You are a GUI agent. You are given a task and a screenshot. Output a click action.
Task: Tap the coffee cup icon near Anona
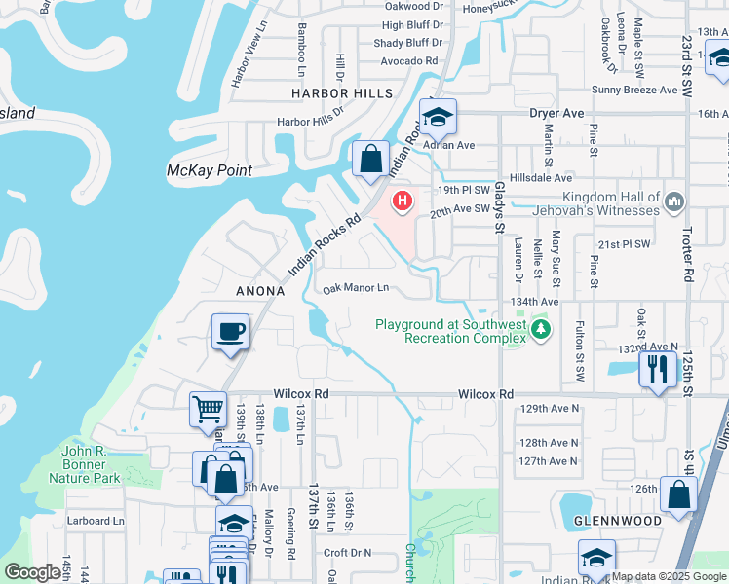[231, 332]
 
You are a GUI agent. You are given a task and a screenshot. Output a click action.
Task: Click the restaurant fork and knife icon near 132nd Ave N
[658, 369]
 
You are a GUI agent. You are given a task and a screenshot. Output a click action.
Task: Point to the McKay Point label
[210, 170]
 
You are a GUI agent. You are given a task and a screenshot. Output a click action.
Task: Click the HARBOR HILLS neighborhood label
[341, 93]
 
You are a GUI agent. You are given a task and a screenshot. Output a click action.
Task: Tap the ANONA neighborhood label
[260, 291]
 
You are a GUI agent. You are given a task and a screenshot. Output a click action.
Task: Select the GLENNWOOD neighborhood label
[611, 521]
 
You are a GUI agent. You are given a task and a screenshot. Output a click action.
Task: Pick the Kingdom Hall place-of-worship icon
[675, 201]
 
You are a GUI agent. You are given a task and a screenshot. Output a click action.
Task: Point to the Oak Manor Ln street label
[356, 288]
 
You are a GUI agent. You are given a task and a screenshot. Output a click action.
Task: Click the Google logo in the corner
[31, 572]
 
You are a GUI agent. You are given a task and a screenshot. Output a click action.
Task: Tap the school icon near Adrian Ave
[439, 117]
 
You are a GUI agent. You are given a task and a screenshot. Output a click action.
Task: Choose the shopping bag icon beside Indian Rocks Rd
[371, 159]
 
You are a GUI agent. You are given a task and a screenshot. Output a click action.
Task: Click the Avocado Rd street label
[398, 59]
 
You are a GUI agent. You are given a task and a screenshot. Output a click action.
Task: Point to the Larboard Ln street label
[96, 521]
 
